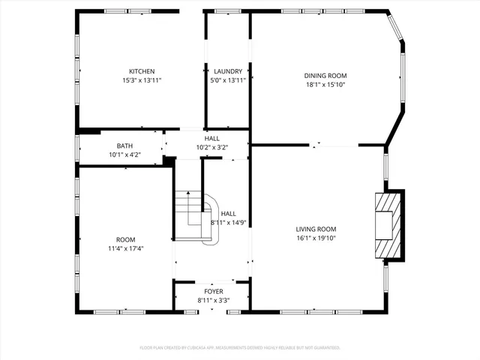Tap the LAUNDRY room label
(227, 71)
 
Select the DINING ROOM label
(325, 75)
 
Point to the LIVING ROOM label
(315, 229)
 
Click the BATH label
(124, 146)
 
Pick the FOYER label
(214, 291)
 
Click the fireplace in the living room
(388, 224)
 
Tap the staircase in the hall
(195, 217)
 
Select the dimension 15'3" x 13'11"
(142, 80)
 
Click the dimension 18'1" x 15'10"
(325, 84)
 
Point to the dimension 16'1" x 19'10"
(315, 238)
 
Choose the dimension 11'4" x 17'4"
(126, 248)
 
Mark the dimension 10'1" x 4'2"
(124, 155)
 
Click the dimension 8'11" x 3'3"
(214, 300)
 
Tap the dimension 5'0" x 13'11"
(227, 80)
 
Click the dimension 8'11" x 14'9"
(228, 223)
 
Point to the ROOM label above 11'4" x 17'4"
(126, 239)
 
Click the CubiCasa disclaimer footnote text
(240, 348)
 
